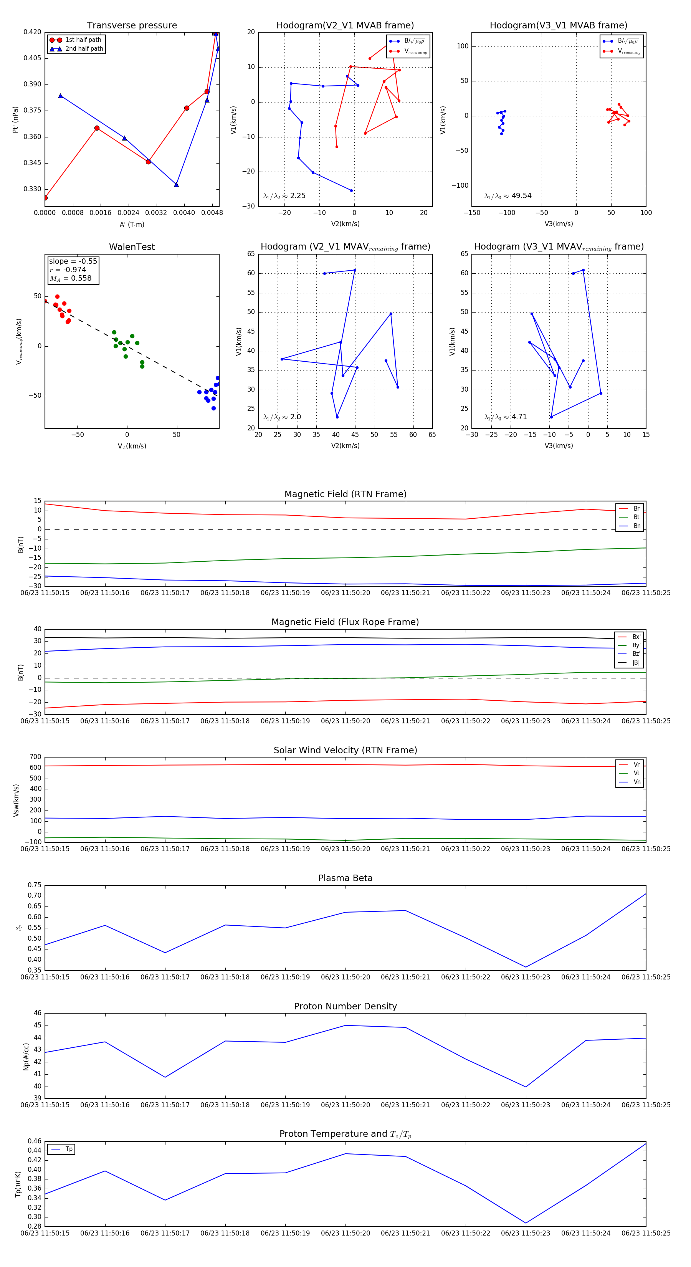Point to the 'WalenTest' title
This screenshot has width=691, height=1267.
pos(132,247)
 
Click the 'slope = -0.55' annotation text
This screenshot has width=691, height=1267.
pos(73,261)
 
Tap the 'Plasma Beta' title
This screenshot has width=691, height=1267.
pos(345,878)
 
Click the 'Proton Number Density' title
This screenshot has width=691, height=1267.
pos(345,1006)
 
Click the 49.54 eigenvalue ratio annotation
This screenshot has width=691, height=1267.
pos(508,196)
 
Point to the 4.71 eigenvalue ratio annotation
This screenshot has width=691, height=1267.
pos(506,417)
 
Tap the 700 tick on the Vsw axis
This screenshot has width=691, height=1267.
pos(35,757)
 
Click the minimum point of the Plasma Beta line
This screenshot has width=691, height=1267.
pos(526,968)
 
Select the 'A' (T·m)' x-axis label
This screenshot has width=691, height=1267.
pos(132,225)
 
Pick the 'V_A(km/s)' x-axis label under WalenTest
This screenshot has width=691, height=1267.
pos(132,446)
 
